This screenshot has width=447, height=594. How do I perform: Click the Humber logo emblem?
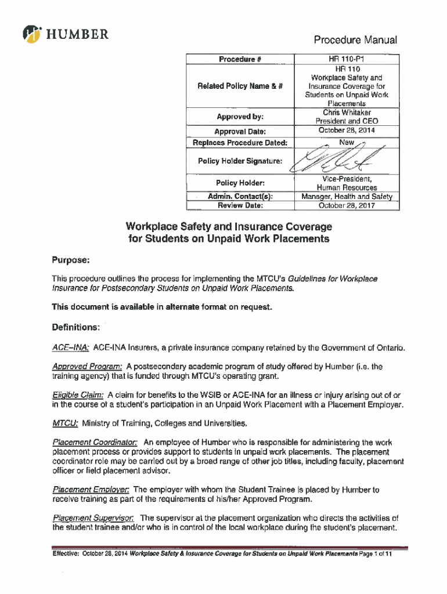(33, 35)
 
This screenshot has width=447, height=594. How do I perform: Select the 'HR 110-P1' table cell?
(346, 59)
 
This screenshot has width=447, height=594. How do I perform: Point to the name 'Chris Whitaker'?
(347, 113)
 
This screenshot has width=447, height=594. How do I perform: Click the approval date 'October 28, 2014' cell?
(347, 130)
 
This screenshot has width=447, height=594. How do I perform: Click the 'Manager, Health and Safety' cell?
(347, 197)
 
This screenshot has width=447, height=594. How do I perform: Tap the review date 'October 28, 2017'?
(347, 205)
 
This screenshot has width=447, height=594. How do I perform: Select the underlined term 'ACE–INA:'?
(70, 348)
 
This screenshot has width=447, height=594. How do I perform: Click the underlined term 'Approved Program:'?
(87, 367)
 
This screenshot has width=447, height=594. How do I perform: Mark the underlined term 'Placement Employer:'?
(91, 490)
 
